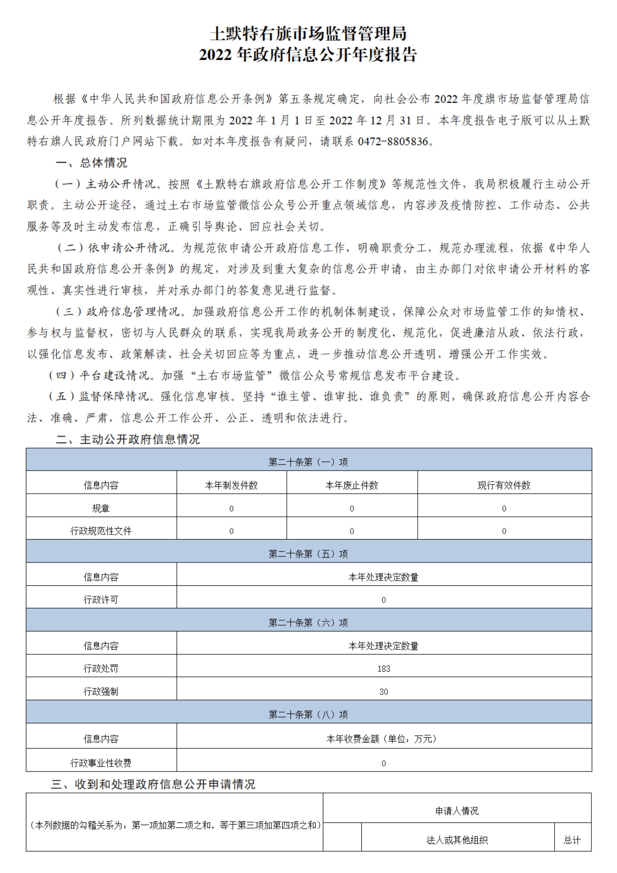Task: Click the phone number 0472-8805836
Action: tap(393, 142)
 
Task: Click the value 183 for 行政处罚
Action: tap(384, 669)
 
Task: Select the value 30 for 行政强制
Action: tap(384, 692)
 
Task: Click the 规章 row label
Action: tap(101, 508)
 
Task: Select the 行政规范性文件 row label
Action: tap(101, 531)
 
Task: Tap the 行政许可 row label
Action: tap(101, 600)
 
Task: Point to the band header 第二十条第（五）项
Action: tap(308, 554)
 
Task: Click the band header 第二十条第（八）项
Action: tap(308, 715)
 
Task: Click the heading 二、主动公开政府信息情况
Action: tap(128, 440)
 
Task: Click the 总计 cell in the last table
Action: tap(572, 840)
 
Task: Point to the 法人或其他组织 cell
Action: tap(457, 840)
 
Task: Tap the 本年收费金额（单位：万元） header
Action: tap(384, 739)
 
